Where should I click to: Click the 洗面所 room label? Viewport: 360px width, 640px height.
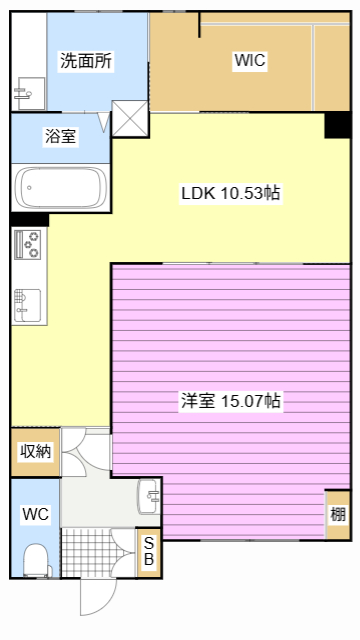pos(85,61)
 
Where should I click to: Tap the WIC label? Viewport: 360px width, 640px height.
pos(249,61)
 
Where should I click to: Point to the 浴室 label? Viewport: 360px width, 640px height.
pos(60,136)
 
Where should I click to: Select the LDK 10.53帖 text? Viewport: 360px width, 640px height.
pos(229,193)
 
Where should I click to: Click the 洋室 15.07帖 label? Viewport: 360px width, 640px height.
pos(230,401)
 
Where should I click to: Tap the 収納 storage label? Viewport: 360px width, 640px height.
pos(35,451)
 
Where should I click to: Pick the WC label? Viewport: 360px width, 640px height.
pos(36,514)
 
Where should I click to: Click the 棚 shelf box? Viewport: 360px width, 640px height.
pos(338,515)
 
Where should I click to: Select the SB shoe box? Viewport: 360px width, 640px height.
pos(148,551)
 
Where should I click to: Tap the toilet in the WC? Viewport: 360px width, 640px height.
pos(37,556)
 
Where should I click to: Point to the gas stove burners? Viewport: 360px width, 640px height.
pos(29,243)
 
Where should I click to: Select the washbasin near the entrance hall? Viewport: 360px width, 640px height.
pos(150,494)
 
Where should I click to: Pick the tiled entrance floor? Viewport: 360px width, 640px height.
pos(99,552)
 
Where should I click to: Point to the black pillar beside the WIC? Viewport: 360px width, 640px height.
pos(338,126)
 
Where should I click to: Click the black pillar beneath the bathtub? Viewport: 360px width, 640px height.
pos(29,219)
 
